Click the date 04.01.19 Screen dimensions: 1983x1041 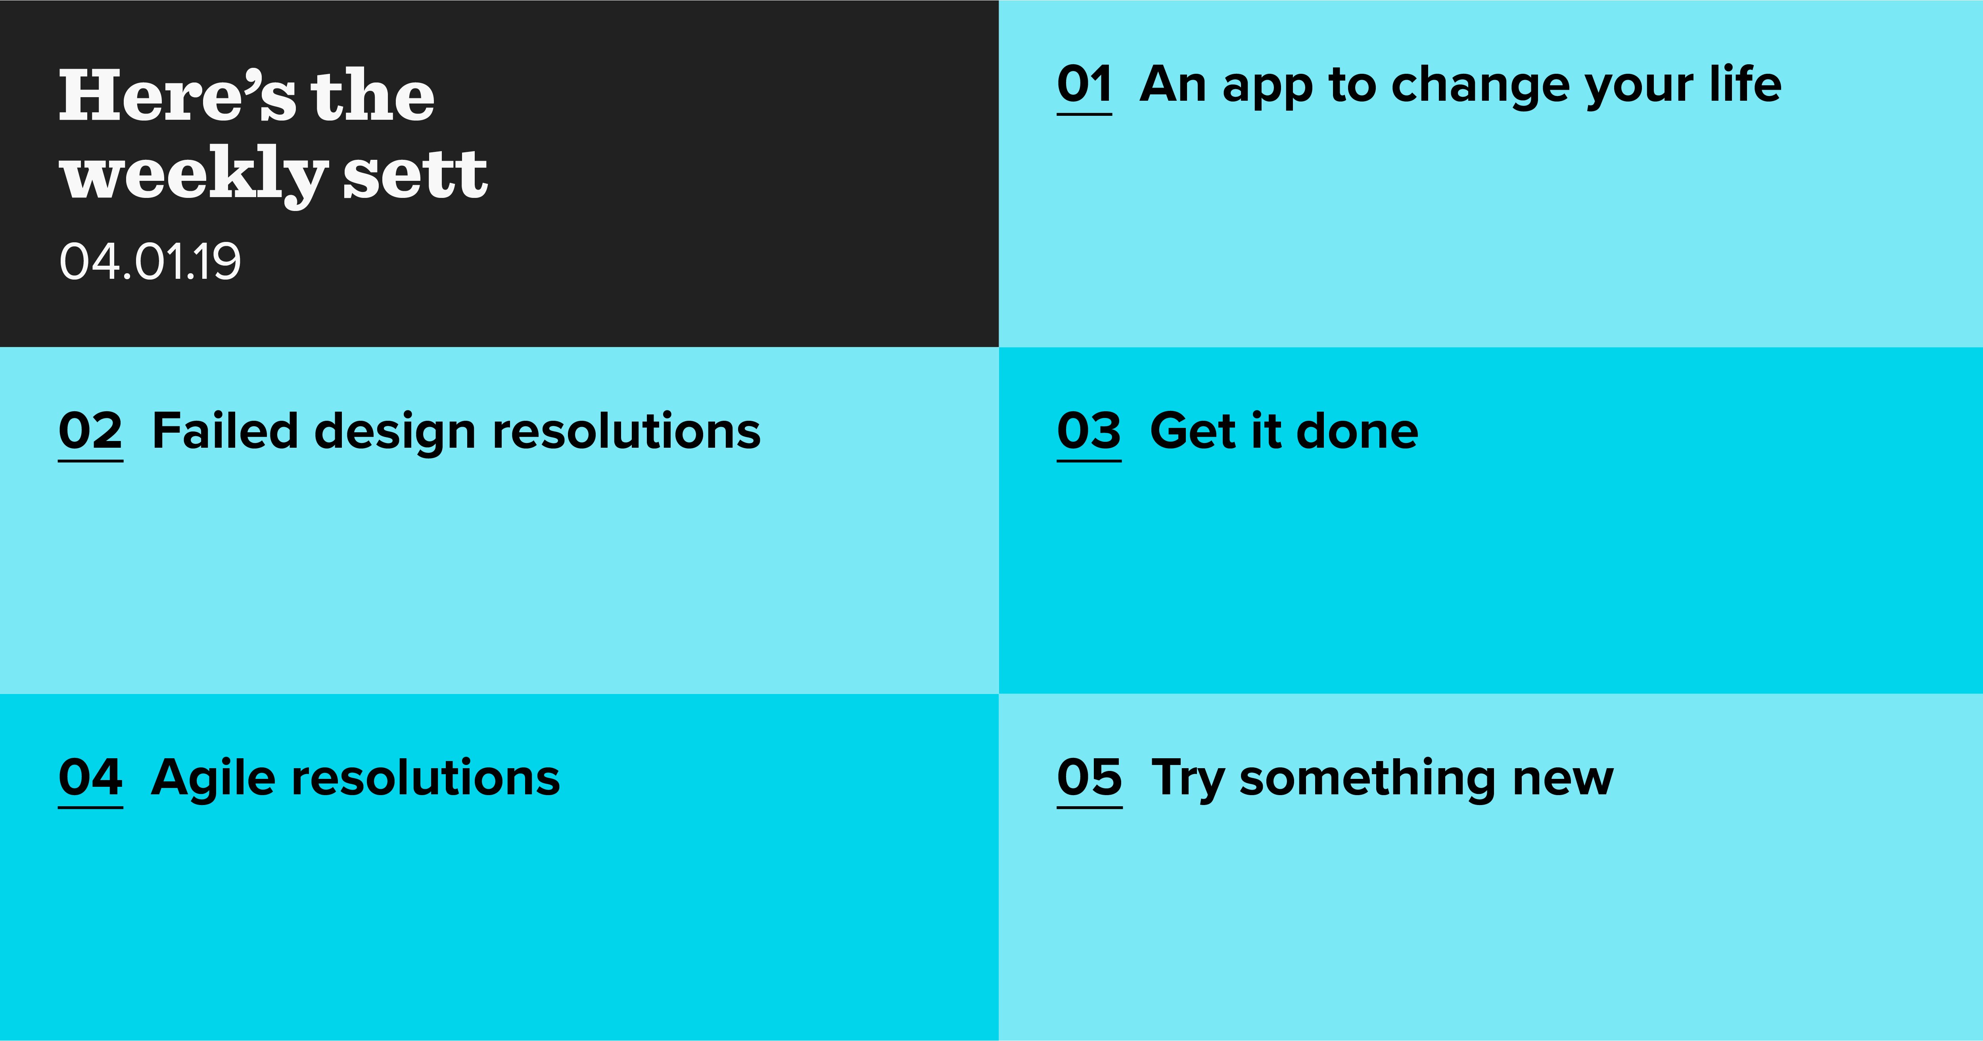click(x=150, y=262)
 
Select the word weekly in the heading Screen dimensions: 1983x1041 click(x=194, y=176)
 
